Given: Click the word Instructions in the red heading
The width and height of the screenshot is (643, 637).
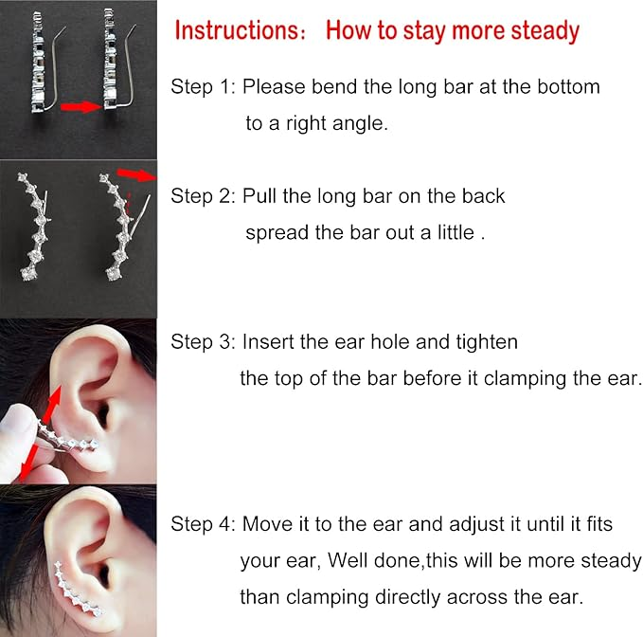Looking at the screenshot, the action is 238,30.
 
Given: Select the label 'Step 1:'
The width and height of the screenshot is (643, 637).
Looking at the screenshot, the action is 203,86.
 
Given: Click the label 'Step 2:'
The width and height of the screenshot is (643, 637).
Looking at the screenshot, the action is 203,196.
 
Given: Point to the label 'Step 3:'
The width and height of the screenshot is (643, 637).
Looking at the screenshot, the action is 203,341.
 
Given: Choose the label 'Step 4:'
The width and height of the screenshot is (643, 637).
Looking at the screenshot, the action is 203,523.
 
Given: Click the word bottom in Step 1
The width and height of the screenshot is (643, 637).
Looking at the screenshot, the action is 568,86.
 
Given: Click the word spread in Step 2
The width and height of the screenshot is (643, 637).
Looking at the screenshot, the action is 277,233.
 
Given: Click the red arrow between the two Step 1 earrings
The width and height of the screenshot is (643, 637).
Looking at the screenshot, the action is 81,107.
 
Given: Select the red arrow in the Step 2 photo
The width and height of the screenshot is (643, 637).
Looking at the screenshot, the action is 136,174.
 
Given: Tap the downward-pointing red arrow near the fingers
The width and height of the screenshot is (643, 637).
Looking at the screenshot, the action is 28,462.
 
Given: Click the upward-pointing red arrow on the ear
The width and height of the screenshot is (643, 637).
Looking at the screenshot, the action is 51,404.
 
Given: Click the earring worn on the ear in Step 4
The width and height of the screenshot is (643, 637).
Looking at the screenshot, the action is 78,590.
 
